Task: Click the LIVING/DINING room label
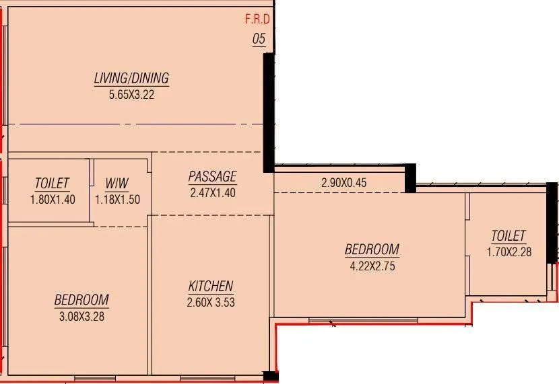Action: (131, 79)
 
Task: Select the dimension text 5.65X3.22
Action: (131, 95)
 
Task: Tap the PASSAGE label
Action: (212, 177)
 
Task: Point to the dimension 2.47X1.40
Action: (212, 193)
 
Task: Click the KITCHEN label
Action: (211, 286)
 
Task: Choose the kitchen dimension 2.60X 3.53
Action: (211, 303)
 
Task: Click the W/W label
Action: (117, 184)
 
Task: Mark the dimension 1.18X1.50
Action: (117, 199)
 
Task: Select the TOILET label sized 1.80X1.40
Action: (52, 184)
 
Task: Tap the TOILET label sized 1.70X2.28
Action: (508, 236)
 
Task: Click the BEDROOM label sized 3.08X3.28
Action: (81, 300)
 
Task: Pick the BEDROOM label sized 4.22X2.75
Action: (372, 249)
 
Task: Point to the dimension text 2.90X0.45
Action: (343, 182)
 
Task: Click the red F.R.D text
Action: (257, 20)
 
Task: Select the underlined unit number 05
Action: (259, 39)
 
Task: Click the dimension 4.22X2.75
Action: (372, 266)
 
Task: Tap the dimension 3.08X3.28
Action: (81, 316)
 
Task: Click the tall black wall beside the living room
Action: (268, 112)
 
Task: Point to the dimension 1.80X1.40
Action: (52, 199)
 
